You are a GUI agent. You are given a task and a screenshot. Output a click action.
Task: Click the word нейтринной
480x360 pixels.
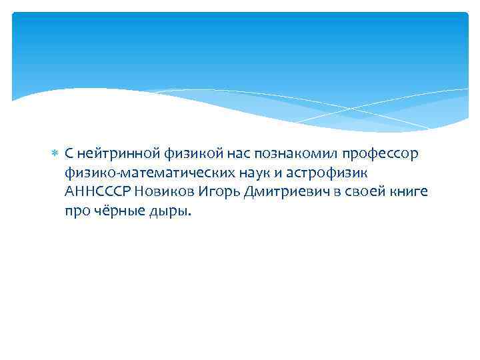coord(109,154)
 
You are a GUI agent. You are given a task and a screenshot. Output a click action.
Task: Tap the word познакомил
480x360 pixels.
coord(285,154)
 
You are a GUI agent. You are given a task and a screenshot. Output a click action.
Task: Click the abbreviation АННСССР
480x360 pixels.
coord(98,192)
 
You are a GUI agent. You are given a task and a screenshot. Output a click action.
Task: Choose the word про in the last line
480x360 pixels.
coord(76,211)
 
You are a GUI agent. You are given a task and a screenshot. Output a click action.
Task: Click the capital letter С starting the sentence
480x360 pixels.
coord(69,154)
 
